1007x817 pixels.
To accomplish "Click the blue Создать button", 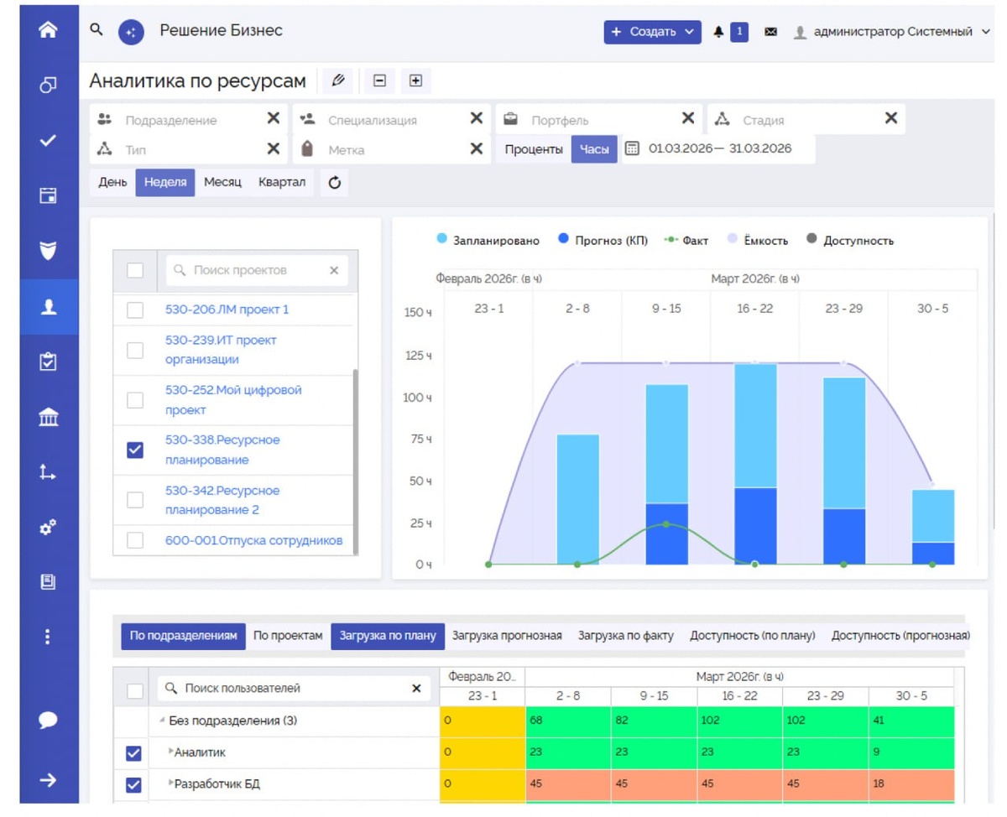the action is point(652,32).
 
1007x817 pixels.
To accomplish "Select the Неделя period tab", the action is point(165,182).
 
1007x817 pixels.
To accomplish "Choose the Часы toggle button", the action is point(594,149).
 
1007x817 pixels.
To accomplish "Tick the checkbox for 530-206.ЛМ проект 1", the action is point(135,310).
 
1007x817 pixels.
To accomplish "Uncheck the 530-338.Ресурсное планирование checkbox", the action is point(135,450).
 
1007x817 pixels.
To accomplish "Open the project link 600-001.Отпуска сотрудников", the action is point(254,540).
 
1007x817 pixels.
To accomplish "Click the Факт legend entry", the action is point(686,240).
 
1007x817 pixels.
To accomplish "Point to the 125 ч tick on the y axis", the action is point(419,356).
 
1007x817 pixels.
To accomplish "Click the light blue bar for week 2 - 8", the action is point(577,499).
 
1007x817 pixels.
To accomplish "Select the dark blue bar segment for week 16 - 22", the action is point(755,526).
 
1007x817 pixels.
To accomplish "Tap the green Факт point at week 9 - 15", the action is point(666,524).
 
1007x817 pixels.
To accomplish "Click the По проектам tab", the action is point(288,636).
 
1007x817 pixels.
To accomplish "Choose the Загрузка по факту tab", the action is point(625,636).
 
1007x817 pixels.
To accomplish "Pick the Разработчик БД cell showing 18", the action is point(911,783).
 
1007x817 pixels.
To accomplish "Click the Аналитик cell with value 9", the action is point(911,752).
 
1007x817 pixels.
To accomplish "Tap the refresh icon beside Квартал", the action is point(335,182).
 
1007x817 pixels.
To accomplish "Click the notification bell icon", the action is point(718,32).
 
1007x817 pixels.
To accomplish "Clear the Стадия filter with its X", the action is point(890,118).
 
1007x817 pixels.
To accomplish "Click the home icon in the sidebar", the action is point(48,29).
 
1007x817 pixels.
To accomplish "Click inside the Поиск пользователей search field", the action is point(294,688).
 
